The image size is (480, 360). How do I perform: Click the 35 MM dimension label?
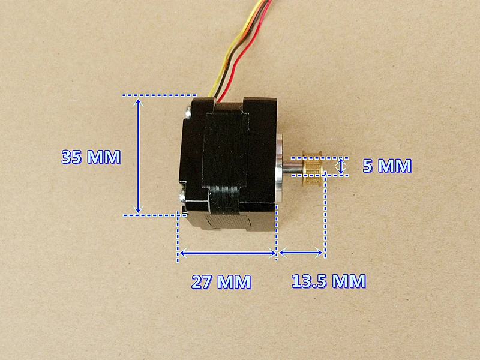point(91,157)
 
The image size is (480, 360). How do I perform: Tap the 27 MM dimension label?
point(221,281)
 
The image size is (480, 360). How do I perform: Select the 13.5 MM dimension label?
point(328,281)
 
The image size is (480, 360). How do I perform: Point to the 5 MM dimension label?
point(387,166)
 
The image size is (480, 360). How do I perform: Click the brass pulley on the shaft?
point(312,168)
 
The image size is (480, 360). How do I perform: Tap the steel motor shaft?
point(293,167)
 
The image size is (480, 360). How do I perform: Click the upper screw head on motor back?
point(187,112)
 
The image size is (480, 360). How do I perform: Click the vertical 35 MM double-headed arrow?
point(139,155)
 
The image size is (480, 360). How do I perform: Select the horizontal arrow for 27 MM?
point(228,253)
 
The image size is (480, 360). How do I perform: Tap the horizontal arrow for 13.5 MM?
point(301,253)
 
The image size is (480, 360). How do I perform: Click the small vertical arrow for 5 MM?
point(341,167)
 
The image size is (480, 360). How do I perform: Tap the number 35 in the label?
point(71,157)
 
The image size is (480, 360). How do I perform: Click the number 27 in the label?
point(202,281)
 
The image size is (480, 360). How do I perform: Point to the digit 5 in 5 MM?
point(368,166)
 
